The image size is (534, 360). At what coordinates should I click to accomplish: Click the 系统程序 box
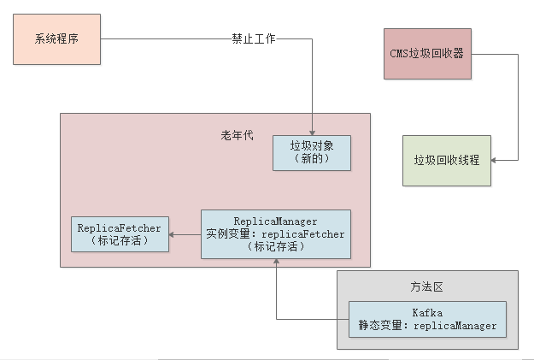coord(56,39)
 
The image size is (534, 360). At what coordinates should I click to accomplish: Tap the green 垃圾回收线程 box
coord(447,160)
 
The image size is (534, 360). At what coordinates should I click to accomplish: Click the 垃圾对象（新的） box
coord(311,152)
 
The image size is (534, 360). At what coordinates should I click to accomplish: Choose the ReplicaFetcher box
coord(119,234)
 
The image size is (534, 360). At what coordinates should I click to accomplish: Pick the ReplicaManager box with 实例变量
coord(275,234)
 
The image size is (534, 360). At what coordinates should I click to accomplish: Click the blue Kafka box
coord(426,320)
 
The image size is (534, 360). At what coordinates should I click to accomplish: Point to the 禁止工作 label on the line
coord(254,39)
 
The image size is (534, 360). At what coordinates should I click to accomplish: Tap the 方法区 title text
coord(426,286)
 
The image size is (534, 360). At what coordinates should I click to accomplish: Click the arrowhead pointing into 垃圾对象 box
coord(312,132)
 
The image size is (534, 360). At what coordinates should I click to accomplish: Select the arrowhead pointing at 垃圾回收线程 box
coord(496,160)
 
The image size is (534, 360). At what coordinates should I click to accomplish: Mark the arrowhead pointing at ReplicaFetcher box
coord(171,234)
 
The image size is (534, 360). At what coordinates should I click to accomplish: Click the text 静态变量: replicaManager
coord(426,326)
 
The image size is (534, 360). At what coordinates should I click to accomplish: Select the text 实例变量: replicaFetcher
coord(275,234)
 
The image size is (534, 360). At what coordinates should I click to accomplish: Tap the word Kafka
coord(426,314)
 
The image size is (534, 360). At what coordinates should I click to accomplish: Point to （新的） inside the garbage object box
coord(311,159)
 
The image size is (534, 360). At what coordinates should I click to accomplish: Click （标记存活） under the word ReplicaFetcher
coord(119,241)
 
